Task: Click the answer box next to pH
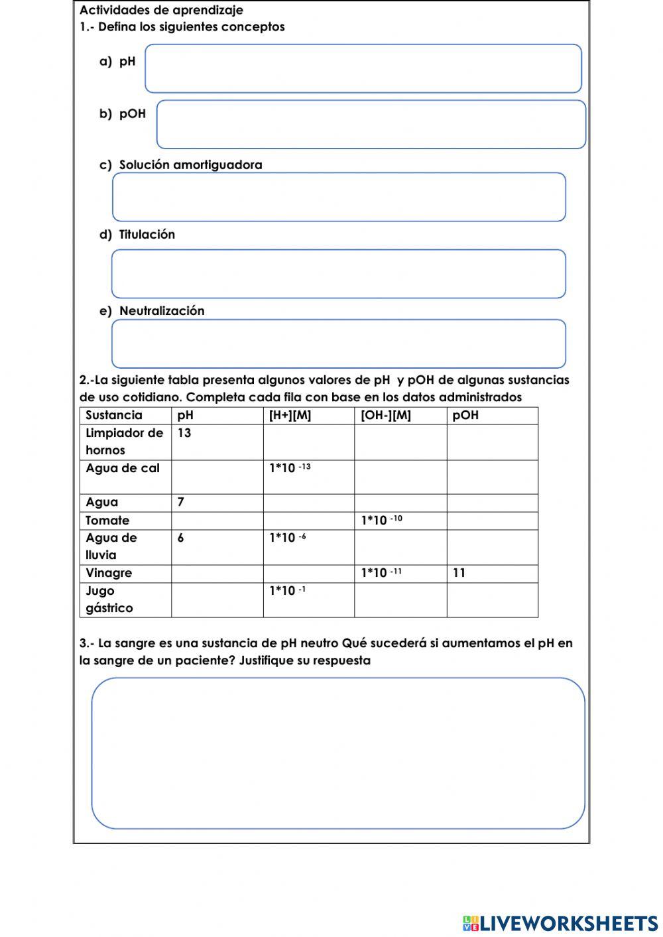[363, 68]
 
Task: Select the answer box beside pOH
[371, 124]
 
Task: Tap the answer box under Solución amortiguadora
[339, 197]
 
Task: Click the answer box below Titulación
[339, 274]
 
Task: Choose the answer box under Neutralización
[339, 344]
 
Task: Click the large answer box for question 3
[338, 753]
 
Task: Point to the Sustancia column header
[114, 415]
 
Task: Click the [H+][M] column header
[290, 415]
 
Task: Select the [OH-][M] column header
[386, 415]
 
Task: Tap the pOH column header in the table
[465, 415]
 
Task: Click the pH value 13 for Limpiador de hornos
[184, 433]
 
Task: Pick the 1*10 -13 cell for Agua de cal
[290, 468]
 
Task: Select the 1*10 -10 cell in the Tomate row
[381, 521]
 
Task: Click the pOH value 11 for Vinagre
[459, 573]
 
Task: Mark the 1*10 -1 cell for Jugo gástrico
[287, 591]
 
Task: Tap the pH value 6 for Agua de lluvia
[181, 538]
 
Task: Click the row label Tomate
[107, 521]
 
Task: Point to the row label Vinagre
[109, 573]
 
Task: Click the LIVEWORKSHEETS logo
[560, 923]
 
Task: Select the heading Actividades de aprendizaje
[161, 10]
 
